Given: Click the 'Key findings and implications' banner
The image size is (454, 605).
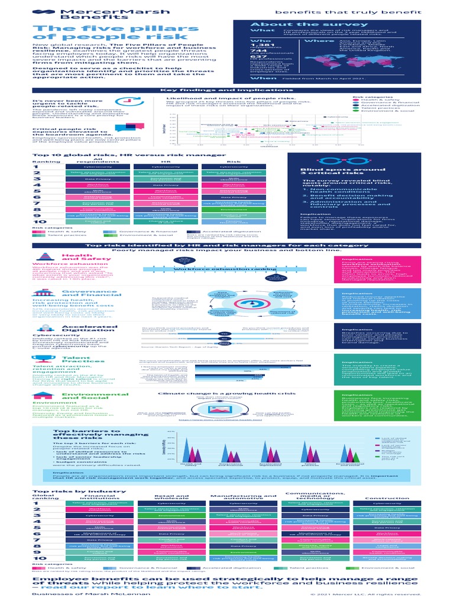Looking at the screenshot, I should pos(226,89).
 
